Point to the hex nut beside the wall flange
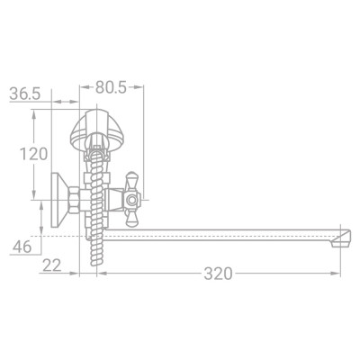80,201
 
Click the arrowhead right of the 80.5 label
141,88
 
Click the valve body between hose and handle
112,201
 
